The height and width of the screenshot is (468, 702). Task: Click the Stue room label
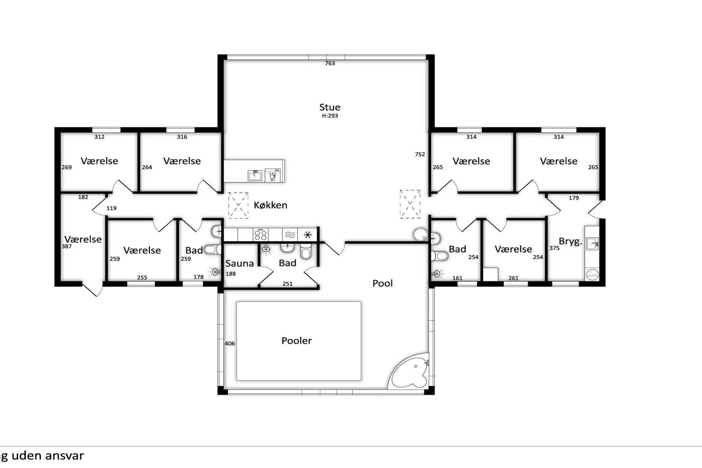coord(330,107)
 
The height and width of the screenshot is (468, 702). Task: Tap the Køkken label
coord(270,205)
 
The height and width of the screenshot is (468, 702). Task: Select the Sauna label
coord(240,263)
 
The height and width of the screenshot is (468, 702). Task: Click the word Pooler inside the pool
coord(296,340)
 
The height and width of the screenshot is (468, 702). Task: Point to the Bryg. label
coord(570,242)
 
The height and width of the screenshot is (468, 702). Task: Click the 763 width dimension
coord(330,63)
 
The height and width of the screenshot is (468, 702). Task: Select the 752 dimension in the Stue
coord(420,154)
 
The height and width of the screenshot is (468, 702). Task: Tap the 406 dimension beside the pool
coord(230,344)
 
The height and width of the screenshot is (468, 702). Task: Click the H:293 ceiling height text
coord(330,116)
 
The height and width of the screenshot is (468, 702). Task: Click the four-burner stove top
coord(261,235)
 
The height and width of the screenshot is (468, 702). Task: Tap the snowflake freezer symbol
coord(308,235)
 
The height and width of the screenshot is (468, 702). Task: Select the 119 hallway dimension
coord(111,208)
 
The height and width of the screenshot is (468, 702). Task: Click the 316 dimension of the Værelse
coord(182,137)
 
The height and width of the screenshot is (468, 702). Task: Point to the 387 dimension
coord(66,247)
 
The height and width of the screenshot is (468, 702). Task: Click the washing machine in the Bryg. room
coord(592,274)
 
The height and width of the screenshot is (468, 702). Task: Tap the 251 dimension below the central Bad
coord(288,284)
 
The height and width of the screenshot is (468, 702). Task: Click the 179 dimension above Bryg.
coord(574,198)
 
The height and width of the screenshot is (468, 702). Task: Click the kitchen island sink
coord(255,176)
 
